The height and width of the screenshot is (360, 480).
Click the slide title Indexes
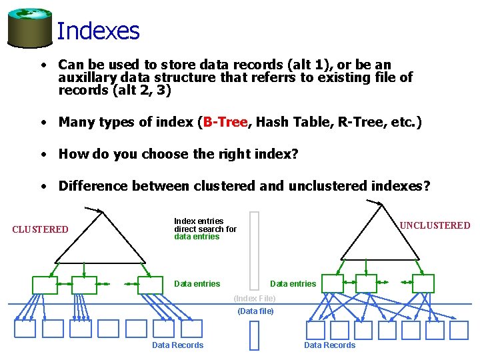pos(98,31)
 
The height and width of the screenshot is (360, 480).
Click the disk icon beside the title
pos(29,26)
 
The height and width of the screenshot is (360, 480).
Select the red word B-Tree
pos(225,122)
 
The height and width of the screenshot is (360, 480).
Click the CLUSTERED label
pos(40,230)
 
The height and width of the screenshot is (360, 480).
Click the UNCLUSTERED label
pos(435,225)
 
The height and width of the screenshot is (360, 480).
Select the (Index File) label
pos(255,299)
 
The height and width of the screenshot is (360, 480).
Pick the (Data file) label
pos(255,311)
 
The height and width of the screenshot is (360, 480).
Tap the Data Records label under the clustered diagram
pos(178,345)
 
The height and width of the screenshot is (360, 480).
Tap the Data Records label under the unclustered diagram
pos(330,345)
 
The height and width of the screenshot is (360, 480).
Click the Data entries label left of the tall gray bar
pos(197,284)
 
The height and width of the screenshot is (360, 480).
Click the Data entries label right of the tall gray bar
pos(293,284)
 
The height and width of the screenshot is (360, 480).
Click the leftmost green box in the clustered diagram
pos(45,285)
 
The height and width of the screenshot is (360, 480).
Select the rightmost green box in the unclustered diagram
pos(423,283)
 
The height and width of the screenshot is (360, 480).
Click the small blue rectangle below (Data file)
pos(254,335)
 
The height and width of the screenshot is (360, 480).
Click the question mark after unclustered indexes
pos(427,186)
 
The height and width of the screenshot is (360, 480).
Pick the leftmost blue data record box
pos(25,329)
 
